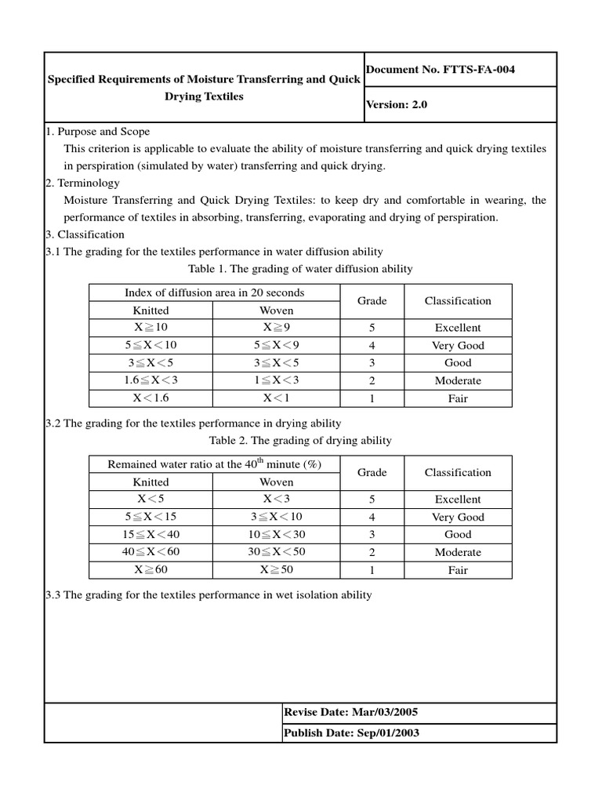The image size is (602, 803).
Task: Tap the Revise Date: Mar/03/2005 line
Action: pos(350,712)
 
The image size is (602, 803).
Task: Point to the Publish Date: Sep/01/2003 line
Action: pos(350,732)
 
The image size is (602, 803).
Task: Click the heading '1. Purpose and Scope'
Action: pos(97,131)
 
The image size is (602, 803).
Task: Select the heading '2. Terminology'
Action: pos(83,183)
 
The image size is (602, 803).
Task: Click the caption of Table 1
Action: pos(300,269)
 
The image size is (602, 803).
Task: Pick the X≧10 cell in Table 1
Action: pos(150,328)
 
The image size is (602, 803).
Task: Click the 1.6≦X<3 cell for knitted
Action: pos(150,380)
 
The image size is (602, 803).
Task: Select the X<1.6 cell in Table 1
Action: pos(150,398)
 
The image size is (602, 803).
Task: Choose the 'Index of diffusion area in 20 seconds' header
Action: pos(214,292)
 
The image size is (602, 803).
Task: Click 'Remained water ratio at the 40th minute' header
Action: pos(214,464)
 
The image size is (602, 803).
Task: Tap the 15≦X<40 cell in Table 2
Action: pos(150,534)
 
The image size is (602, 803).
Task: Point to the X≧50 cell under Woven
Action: pos(277,570)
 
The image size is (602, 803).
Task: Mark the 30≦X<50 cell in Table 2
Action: pos(277,552)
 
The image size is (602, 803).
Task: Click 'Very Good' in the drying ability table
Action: pos(458,517)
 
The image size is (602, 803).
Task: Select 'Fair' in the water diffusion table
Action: pos(458,398)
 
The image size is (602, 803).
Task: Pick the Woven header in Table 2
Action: pos(277,482)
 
